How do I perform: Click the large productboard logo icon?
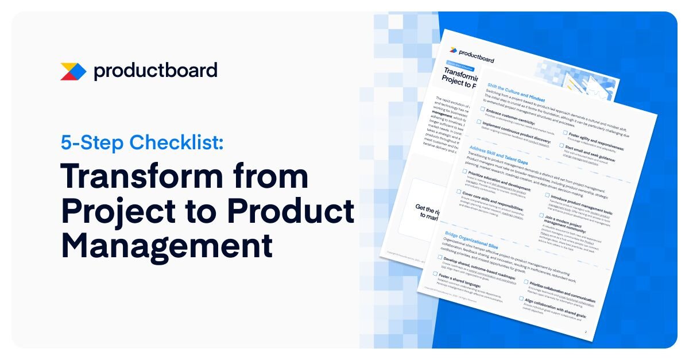73,71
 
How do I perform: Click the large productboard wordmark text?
156,71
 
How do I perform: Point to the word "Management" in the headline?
167,246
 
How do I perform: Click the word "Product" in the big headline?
290,211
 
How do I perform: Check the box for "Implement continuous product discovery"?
478,122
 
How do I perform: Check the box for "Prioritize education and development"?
464,171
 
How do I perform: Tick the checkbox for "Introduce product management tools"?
547,195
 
